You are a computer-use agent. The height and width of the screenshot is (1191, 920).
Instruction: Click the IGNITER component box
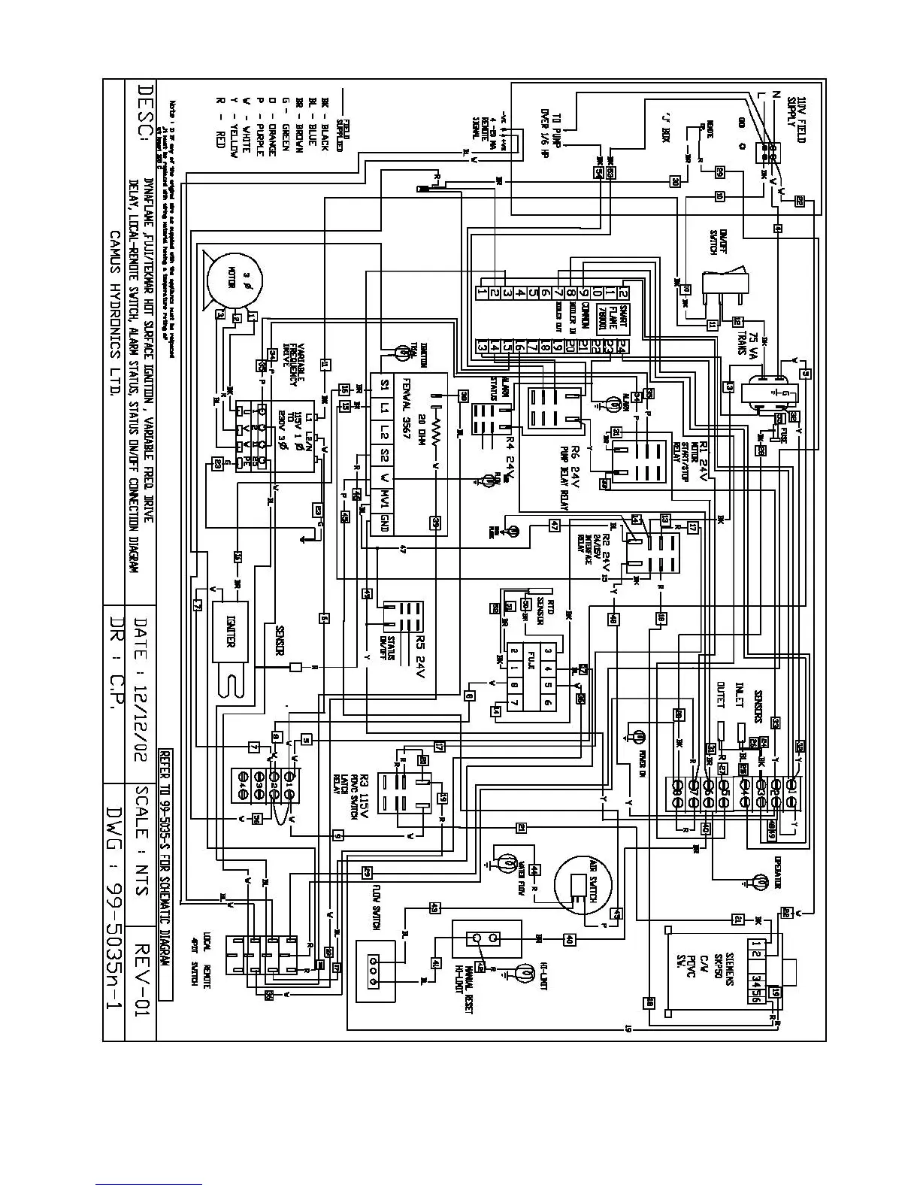point(230,639)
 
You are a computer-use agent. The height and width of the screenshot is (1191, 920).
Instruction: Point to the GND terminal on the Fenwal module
point(385,522)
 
